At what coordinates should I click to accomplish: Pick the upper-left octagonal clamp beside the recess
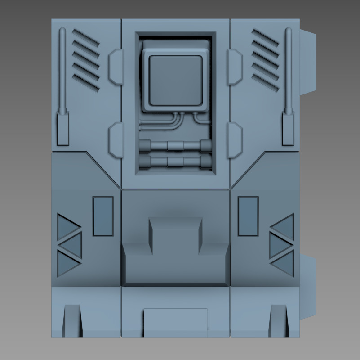pos(116,67)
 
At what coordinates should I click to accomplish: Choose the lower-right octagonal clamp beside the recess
pos(235,139)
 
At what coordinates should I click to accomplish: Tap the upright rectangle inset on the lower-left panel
pos(103,216)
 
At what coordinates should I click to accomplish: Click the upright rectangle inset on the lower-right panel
pos(248,216)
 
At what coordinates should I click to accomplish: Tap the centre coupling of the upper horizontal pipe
pos(175,146)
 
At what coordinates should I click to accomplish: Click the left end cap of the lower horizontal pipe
pos(145,161)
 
